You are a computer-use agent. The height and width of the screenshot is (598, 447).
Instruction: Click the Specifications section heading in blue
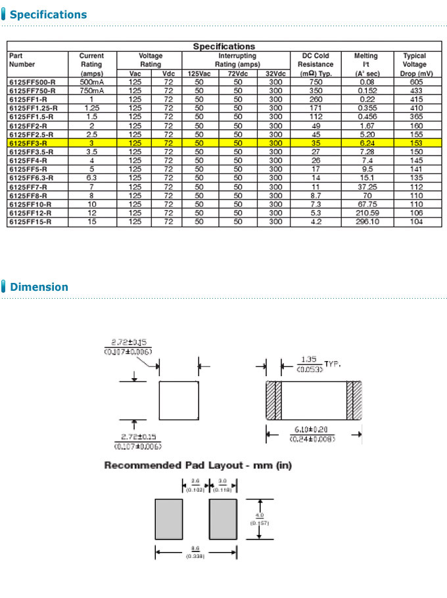48,14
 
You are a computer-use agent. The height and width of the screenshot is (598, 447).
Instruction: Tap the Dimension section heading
39,287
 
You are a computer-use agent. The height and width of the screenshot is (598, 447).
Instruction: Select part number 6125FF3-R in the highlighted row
28,142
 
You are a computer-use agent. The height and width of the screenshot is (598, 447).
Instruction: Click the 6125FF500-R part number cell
32,82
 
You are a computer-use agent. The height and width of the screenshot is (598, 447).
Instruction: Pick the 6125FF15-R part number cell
30,221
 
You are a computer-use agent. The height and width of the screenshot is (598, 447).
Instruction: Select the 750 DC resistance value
316,82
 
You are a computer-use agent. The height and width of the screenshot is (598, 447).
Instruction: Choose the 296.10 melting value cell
367,221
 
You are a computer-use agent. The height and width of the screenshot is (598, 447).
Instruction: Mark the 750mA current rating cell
91,91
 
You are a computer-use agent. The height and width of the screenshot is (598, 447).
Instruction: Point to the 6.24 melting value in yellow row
367,142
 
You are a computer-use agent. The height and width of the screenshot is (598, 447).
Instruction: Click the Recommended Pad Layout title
198,465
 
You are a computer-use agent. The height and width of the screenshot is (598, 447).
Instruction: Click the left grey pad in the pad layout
168,519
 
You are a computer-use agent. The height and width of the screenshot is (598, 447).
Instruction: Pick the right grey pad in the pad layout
223,519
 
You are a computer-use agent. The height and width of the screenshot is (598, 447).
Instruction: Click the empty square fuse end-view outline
179,400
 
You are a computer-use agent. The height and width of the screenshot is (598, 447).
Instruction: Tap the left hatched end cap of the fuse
273,400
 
